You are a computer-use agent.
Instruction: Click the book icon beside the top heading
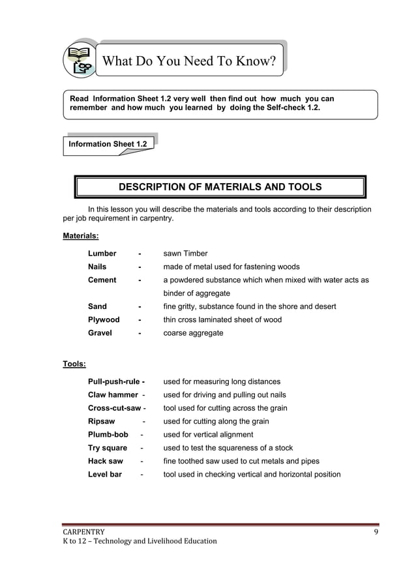[x=80, y=59]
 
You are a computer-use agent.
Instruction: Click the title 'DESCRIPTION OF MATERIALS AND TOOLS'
[x=220, y=187]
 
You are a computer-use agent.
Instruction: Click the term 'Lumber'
[x=102, y=254]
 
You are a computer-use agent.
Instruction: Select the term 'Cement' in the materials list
[x=102, y=280]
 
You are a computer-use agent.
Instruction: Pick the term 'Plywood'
[x=104, y=320]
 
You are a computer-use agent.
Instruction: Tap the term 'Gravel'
[x=100, y=333]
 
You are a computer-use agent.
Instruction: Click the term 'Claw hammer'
[x=113, y=395]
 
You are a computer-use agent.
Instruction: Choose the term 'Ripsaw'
[x=101, y=422]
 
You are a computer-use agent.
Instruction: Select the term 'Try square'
[x=108, y=448]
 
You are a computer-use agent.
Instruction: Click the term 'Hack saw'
[x=106, y=462]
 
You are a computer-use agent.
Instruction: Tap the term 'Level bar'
[x=105, y=475]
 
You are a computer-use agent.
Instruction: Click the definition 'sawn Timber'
[x=185, y=254]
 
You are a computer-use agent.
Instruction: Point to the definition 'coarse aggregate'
[x=193, y=333]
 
